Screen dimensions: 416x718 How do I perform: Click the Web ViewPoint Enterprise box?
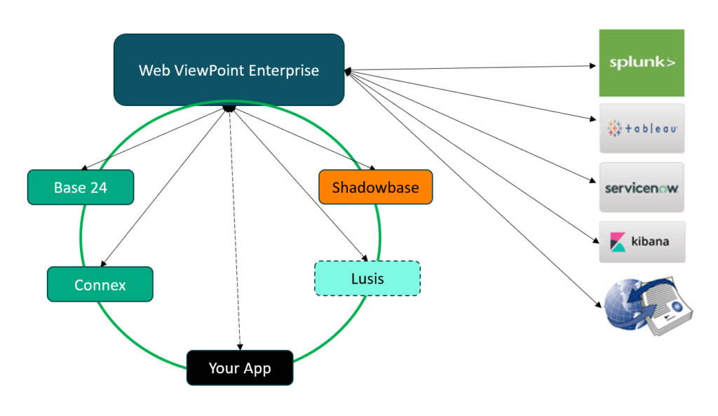click(229, 70)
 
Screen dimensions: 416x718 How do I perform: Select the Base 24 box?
click(80, 187)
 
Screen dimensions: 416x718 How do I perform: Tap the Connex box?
click(100, 285)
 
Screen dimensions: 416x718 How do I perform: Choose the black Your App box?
click(239, 368)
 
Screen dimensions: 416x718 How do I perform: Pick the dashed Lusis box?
click(367, 279)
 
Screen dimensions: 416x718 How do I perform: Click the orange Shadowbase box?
click(375, 187)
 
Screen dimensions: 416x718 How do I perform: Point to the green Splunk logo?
click(641, 63)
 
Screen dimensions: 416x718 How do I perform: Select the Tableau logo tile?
click(641, 128)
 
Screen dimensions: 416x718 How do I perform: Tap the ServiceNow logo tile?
click(641, 187)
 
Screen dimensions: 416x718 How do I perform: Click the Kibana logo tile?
click(641, 242)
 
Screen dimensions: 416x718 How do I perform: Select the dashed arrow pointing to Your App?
click(235, 232)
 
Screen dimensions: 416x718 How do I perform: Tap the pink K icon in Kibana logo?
click(617, 242)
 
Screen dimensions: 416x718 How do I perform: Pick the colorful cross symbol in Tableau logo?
click(615, 128)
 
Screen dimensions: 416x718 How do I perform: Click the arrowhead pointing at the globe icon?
click(600, 304)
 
